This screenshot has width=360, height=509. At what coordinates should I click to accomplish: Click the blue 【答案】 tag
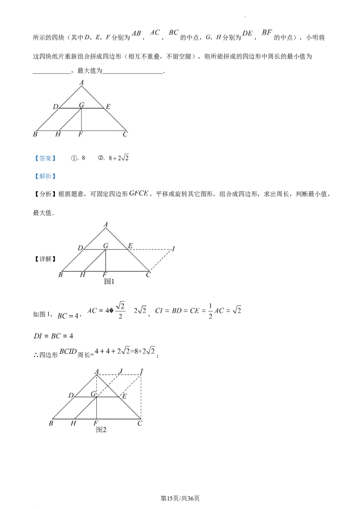[x=45, y=158]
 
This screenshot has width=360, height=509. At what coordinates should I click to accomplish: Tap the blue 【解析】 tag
[x=45, y=176]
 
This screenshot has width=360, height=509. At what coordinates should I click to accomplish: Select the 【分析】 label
[x=45, y=194]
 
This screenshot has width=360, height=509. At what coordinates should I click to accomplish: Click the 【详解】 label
[x=45, y=259]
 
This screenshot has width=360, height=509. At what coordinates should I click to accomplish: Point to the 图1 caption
[x=109, y=281]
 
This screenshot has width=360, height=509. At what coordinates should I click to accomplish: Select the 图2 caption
[x=101, y=430]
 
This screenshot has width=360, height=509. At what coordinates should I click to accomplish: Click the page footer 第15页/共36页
[x=180, y=498]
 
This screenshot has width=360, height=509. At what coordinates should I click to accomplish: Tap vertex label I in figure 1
[x=174, y=249]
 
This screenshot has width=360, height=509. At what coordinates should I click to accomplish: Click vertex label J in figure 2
[x=121, y=371]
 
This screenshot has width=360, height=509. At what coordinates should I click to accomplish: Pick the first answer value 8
[x=83, y=158]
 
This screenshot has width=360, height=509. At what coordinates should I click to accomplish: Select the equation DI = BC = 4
[x=53, y=336]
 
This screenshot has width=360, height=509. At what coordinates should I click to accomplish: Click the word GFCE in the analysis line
[x=139, y=193]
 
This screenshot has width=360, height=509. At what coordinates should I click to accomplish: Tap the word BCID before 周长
[x=68, y=352]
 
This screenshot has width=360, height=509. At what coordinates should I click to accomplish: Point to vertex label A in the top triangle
[x=81, y=83]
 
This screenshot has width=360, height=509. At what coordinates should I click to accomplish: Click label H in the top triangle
[x=58, y=134]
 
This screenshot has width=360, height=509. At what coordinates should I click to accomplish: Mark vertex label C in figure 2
[x=139, y=423]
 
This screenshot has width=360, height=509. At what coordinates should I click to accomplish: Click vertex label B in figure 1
[x=60, y=275]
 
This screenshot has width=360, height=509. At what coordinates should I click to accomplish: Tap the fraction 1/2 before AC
[x=210, y=311]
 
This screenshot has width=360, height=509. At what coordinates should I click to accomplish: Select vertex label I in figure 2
[x=142, y=371]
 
